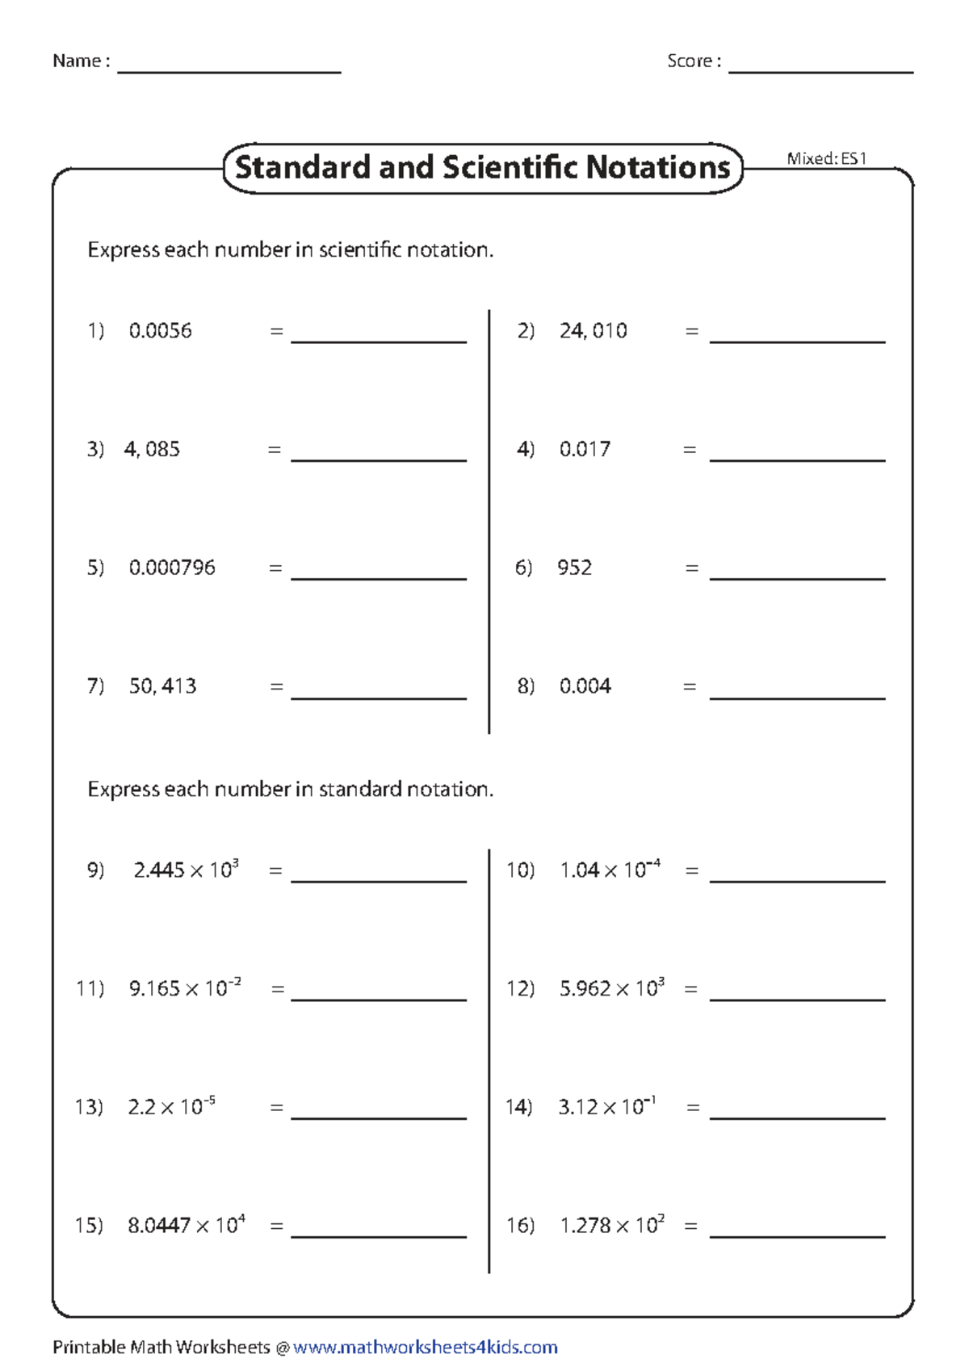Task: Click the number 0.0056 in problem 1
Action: pyautogui.click(x=160, y=331)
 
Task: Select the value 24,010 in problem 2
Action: pyautogui.click(x=593, y=331)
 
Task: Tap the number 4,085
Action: pyautogui.click(x=152, y=450)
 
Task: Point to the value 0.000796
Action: pyautogui.click(x=172, y=568)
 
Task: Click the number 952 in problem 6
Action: pyautogui.click(x=574, y=568)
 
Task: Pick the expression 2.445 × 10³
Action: pyautogui.click(x=186, y=870)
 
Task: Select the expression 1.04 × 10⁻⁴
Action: pyautogui.click(x=610, y=870)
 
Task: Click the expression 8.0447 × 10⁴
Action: pyautogui.click(x=186, y=1225)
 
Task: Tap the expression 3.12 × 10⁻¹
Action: pyautogui.click(x=606, y=1106)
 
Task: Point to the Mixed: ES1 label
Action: pyautogui.click(x=826, y=158)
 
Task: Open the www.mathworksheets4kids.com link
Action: pyautogui.click(x=425, y=1348)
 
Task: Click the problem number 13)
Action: pyautogui.click(x=89, y=1107)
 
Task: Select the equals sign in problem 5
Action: pyautogui.click(x=275, y=568)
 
